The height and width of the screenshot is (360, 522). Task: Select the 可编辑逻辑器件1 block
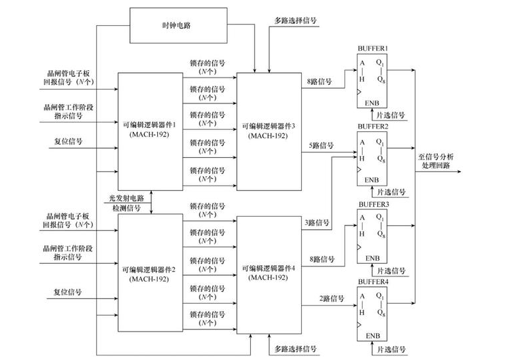pos(150,130)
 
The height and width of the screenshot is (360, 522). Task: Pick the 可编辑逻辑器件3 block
pos(268,130)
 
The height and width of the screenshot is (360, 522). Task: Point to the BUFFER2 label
pos(373,125)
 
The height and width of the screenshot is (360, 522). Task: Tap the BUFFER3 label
pos(373,204)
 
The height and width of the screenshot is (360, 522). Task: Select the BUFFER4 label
pos(373,282)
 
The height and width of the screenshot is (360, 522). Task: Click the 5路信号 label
pos(320,145)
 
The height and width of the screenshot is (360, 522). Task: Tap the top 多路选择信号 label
pos(295,21)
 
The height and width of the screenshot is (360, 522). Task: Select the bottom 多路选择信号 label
pos(295,349)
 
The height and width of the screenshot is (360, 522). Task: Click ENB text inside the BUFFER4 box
pos(371,336)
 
